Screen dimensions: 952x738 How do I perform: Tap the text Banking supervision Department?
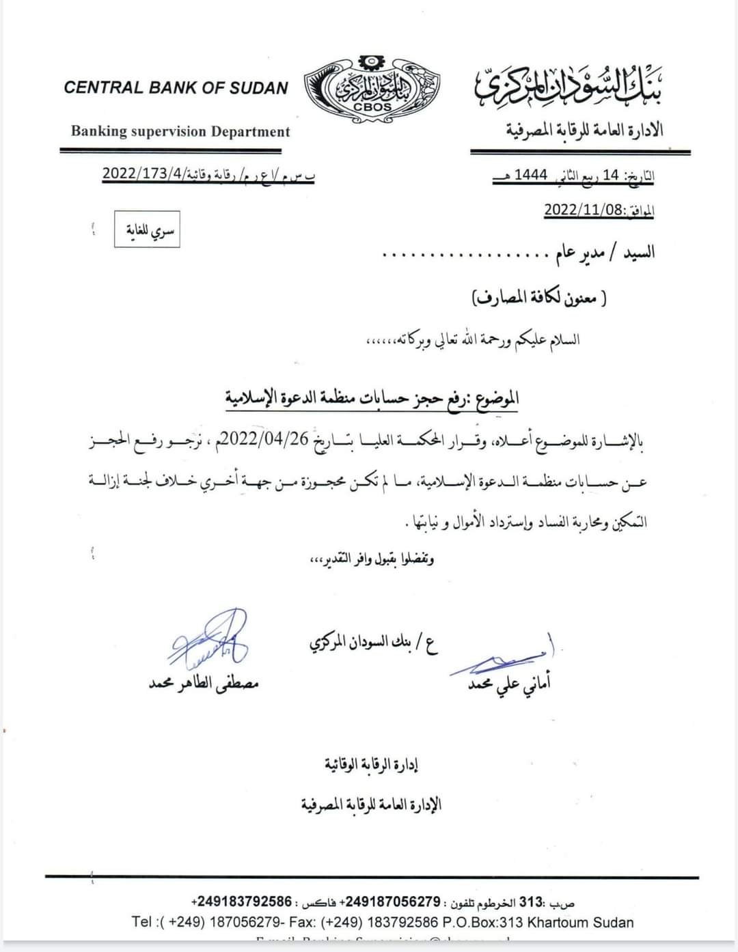pyautogui.click(x=180, y=132)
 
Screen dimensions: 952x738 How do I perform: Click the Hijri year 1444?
pyautogui.click(x=531, y=175)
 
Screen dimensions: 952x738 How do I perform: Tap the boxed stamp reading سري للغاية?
pyautogui.click(x=146, y=229)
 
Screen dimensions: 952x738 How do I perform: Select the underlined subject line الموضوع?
pyautogui.click(x=373, y=397)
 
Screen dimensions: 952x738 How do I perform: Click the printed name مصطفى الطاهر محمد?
pyautogui.click(x=204, y=682)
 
